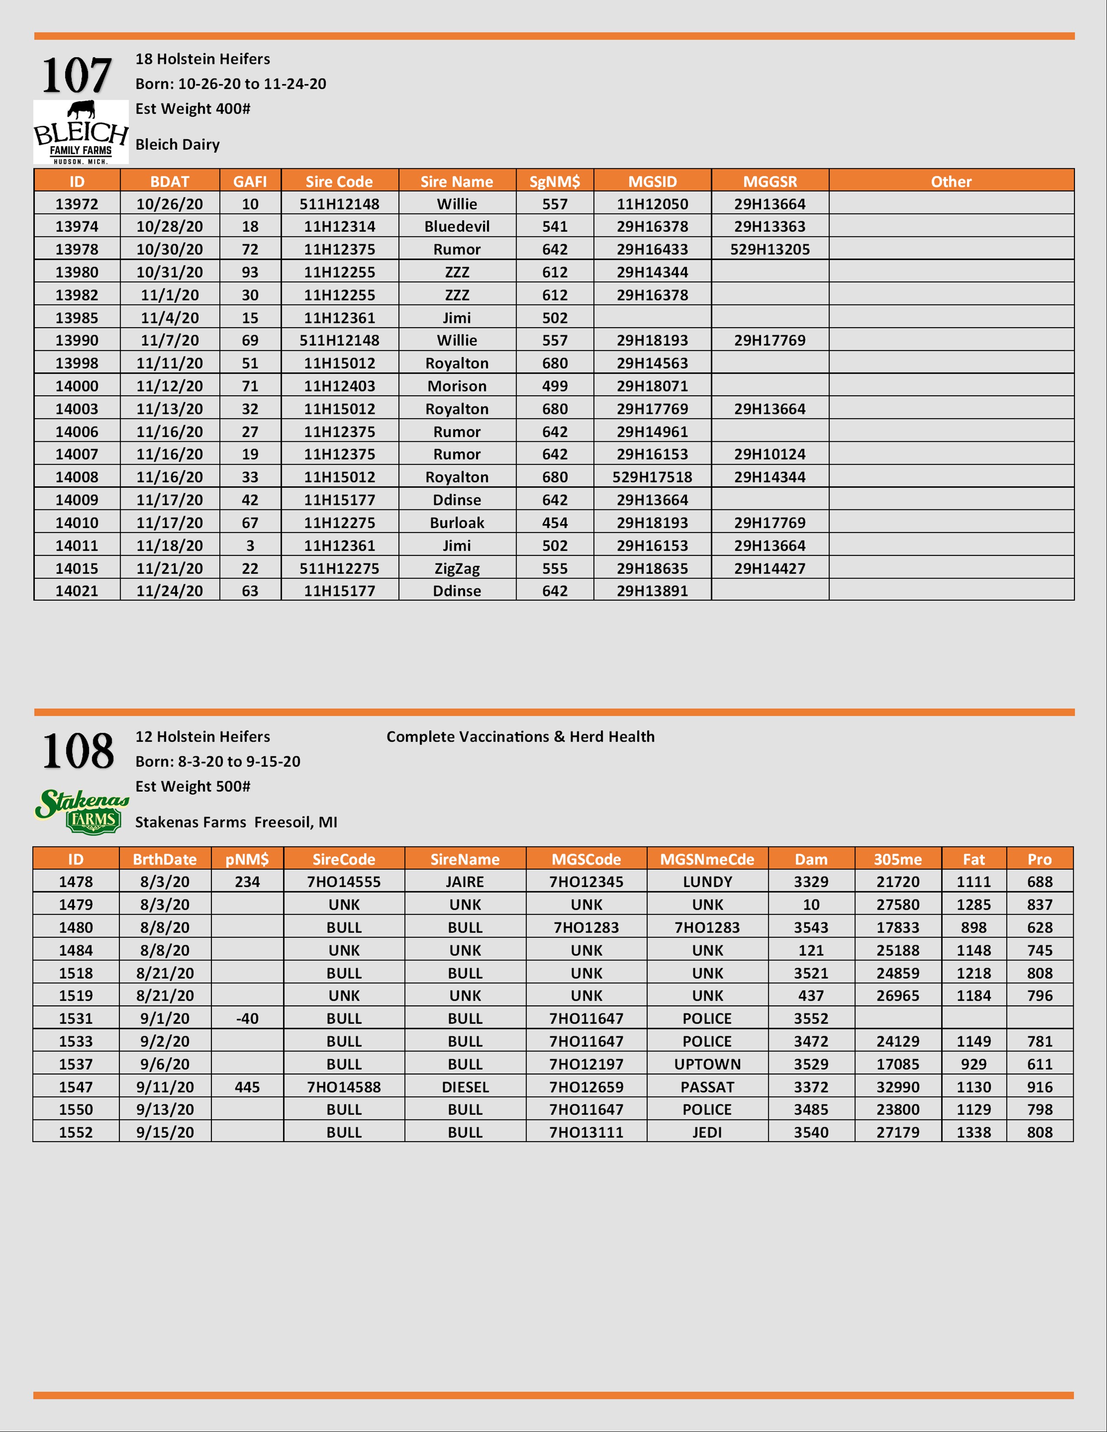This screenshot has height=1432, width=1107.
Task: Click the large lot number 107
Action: pos(77,76)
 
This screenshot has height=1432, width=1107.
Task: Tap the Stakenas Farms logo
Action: pos(81,811)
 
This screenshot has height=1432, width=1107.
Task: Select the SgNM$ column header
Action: pos(554,182)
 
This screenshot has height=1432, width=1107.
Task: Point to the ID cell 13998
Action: pos(77,363)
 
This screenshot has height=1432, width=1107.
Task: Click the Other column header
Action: pos(951,182)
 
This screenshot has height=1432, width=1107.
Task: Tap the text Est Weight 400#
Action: pos(193,109)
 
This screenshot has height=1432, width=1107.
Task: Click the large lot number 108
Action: pos(78,752)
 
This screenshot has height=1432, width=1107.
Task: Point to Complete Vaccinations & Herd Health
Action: pos(520,737)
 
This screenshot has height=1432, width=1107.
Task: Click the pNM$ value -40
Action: pos(247,1019)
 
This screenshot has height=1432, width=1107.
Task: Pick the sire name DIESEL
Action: pos(465,1087)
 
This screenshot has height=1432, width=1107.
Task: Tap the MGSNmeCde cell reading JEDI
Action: pos(707,1132)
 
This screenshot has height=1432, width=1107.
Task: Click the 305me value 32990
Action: pos(897,1087)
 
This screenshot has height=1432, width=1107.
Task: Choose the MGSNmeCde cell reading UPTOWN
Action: pos(707,1064)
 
